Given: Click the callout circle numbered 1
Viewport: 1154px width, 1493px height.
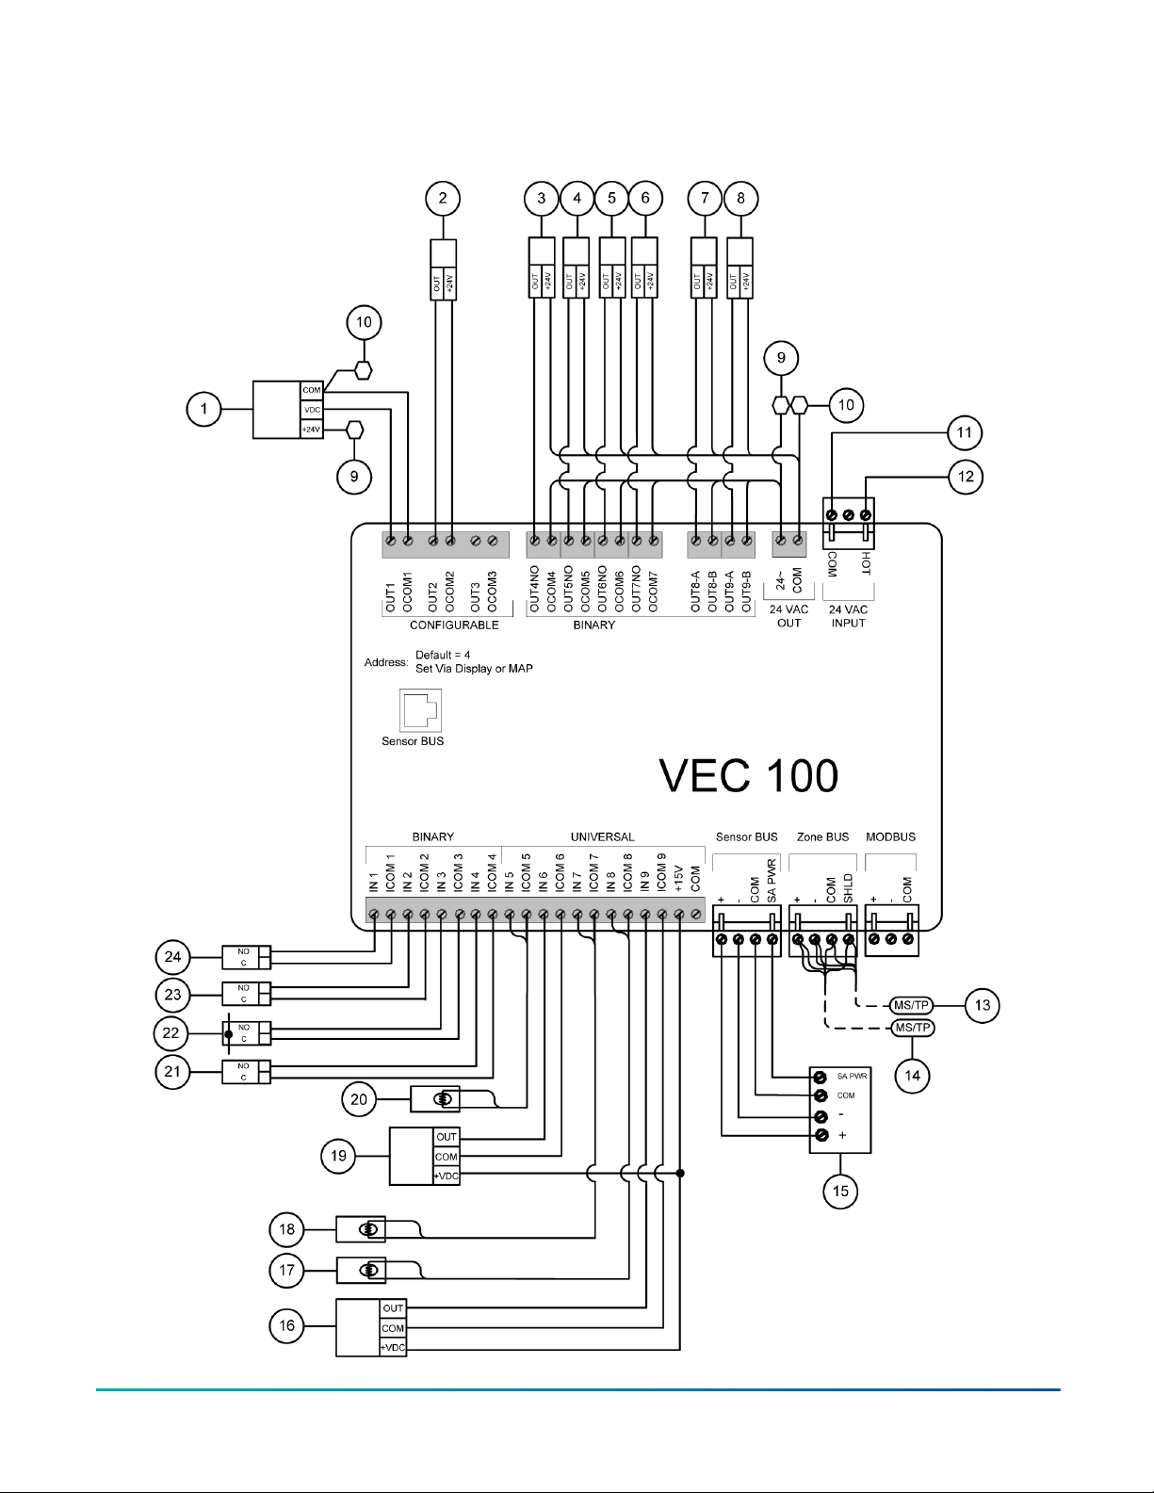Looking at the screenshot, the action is coord(204,410).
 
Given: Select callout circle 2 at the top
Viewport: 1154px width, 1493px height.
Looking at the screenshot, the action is coord(443,199).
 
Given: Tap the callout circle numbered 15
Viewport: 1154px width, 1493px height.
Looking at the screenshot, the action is coord(840,1191).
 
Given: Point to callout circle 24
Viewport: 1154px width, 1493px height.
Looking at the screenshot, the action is coord(172,957).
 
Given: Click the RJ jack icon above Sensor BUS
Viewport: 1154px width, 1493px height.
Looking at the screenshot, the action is coord(420,710).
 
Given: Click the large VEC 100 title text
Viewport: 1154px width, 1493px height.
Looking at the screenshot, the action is coord(749,775).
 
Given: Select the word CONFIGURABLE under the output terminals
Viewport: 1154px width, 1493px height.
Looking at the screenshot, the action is coord(454,625).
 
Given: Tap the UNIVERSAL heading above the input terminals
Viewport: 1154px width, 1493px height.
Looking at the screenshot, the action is coord(602,836).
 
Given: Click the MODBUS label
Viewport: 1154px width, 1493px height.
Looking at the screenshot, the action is coord(890,836).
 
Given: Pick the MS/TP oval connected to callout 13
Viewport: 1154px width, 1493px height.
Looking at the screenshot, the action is coord(911,1005).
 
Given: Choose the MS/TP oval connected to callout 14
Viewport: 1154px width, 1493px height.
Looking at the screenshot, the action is coord(913,1028).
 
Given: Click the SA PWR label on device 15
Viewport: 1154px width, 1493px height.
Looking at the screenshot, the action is coord(852,1076).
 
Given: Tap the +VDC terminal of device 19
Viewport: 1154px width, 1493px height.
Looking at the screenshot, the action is coord(447,1176).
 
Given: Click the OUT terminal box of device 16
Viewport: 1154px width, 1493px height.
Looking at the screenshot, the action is coord(393,1308).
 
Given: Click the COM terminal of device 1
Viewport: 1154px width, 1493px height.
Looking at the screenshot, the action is coord(312,390).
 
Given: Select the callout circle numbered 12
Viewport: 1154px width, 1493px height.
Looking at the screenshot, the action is coord(966,477).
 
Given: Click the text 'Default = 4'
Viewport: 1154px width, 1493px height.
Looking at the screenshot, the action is coord(443,655).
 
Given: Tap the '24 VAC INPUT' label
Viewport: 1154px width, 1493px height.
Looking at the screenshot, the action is coord(849,616).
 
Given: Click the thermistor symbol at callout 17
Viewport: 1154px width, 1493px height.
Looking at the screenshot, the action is coord(369,1271).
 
